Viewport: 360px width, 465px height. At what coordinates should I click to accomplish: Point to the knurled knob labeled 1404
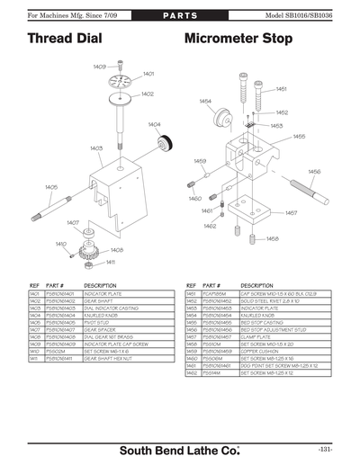click(x=165, y=145)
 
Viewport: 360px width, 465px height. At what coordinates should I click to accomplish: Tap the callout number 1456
click(x=314, y=171)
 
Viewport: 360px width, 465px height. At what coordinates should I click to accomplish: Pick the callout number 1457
click(x=291, y=213)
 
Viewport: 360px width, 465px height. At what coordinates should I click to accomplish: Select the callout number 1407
click(x=73, y=222)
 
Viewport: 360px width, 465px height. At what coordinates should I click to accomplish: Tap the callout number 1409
click(x=100, y=67)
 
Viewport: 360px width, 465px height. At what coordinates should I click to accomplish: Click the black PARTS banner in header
click(x=180, y=17)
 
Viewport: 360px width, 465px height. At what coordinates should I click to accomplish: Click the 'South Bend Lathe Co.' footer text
click(x=179, y=447)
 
